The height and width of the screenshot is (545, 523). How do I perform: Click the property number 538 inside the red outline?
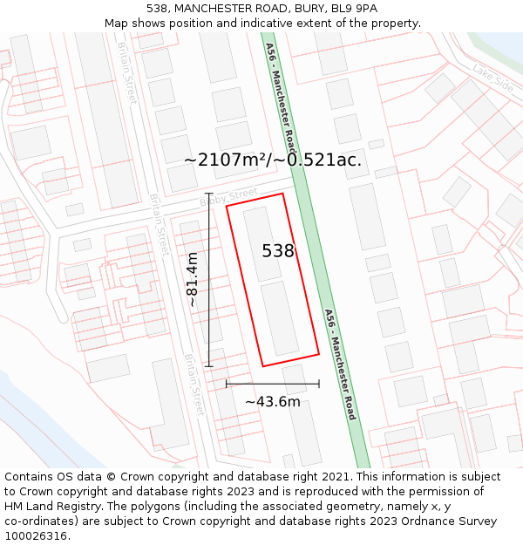pos(278,251)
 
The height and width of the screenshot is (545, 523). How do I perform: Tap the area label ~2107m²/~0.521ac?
pos(273,160)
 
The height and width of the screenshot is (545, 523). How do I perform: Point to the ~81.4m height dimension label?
pos(193,279)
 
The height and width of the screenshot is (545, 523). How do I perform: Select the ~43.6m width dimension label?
pos(272,401)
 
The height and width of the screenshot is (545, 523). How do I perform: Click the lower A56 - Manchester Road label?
pos(340,364)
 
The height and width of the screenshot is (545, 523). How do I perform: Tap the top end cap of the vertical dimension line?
pos(208,194)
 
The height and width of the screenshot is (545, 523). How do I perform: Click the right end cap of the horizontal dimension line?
pos(319,383)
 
